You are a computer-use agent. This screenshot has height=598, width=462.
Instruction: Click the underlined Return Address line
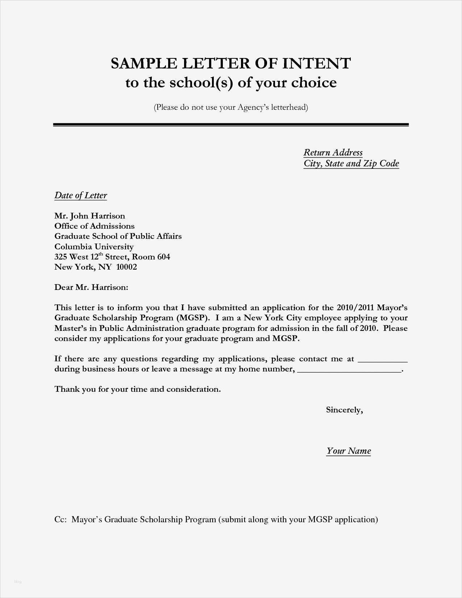click(333, 153)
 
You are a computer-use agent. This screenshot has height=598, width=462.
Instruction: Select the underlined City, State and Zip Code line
click(351, 163)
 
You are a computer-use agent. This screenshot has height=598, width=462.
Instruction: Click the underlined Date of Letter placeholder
click(80, 196)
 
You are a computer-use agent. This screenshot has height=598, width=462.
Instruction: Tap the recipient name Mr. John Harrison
click(90, 216)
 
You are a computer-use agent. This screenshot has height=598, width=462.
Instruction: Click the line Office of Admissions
click(94, 226)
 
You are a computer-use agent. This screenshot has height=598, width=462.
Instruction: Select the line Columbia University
click(94, 247)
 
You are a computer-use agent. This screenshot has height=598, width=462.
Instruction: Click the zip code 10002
click(126, 267)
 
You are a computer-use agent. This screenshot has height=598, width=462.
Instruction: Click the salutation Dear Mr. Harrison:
click(91, 287)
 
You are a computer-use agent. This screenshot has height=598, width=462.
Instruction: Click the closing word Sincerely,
click(344, 410)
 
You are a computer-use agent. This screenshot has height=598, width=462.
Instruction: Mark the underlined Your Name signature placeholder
click(349, 451)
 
